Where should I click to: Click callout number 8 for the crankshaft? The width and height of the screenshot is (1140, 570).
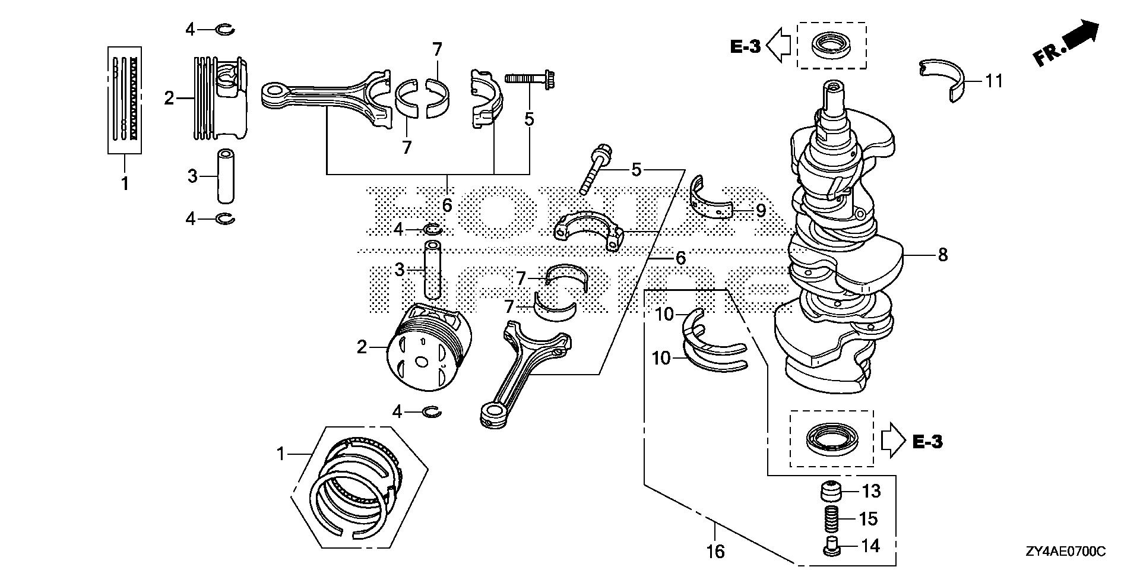942,255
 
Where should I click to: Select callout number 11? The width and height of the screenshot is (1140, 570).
994,81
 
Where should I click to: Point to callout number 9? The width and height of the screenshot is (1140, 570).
761,210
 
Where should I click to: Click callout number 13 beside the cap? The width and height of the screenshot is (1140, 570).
871,492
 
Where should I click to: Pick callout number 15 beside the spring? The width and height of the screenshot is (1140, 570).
868,519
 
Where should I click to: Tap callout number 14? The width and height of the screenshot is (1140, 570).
870,546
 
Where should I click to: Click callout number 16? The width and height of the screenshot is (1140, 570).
717,552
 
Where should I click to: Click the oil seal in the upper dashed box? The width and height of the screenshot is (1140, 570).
831,45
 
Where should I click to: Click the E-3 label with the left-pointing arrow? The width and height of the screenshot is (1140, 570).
745,46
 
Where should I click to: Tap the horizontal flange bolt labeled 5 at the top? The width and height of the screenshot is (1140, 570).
530,77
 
